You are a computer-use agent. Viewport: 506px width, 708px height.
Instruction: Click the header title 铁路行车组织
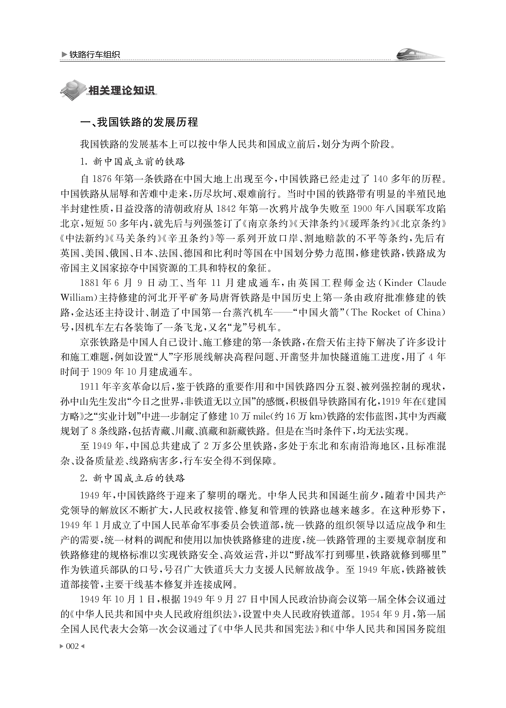(x=95, y=55)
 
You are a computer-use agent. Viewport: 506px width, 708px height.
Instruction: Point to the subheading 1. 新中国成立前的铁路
(x=132, y=162)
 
